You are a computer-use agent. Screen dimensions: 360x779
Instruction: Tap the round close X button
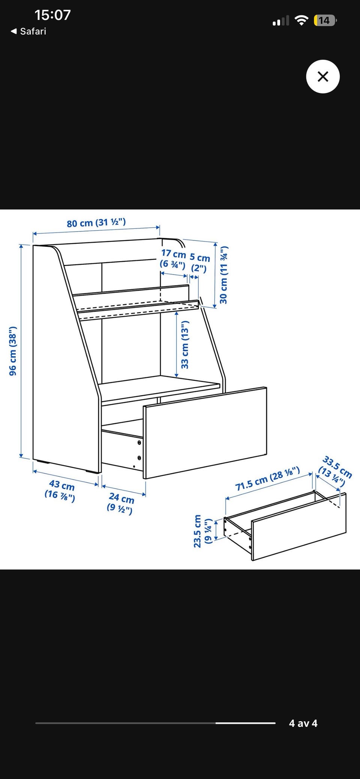(x=323, y=77)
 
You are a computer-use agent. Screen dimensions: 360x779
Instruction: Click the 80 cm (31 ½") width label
(x=96, y=223)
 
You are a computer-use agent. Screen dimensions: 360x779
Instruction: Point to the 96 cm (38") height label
(x=13, y=351)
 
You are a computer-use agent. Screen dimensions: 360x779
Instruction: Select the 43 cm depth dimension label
(x=60, y=491)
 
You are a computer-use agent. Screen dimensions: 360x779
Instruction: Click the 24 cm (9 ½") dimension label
(x=120, y=503)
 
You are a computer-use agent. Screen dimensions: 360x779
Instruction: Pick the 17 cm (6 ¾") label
(x=173, y=259)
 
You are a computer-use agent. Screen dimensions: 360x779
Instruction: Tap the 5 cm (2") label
(x=199, y=263)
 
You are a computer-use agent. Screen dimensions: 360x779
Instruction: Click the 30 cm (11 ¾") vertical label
(x=223, y=275)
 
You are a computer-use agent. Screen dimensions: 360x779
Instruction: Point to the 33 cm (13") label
(x=185, y=345)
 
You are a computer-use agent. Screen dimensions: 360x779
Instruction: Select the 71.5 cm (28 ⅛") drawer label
(x=267, y=479)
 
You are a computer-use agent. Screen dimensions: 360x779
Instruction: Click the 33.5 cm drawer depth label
(x=335, y=471)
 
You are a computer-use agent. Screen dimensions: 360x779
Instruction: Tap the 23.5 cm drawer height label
(x=203, y=531)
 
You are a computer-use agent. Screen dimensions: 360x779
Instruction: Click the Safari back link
(x=28, y=31)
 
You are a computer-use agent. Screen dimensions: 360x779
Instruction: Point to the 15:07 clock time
(x=52, y=15)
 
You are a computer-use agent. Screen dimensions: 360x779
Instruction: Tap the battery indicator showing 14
(x=325, y=20)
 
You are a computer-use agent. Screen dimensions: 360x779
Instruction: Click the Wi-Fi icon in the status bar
(x=301, y=20)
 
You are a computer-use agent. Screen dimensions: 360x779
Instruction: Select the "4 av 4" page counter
(x=303, y=723)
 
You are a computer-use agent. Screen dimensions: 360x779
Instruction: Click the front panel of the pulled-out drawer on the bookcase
(x=205, y=433)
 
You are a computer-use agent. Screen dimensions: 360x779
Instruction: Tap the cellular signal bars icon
(x=281, y=21)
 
